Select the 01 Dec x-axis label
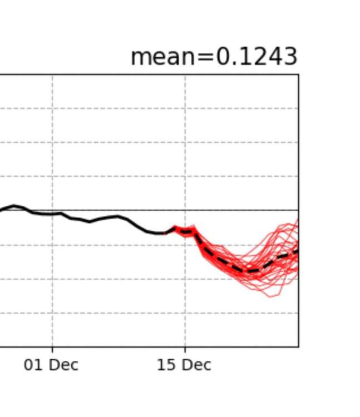[x=51, y=365]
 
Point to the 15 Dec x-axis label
[x=184, y=365]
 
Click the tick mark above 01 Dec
[x=52, y=349]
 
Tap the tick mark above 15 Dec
[x=185, y=349]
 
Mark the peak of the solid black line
[x=14, y=206]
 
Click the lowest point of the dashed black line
[x=250, y=271]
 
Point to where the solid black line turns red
[x=166, y=233]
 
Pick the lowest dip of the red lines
[x=272, y=296]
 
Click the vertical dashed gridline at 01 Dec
[x=52, y=139]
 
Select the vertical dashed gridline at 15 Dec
[x=185, y=139]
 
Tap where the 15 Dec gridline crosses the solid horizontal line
[x=185, y=210]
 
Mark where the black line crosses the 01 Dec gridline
[x=52, y=214]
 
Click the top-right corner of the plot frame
[x=298, y=74]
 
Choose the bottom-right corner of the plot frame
[x=298, y=346]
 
